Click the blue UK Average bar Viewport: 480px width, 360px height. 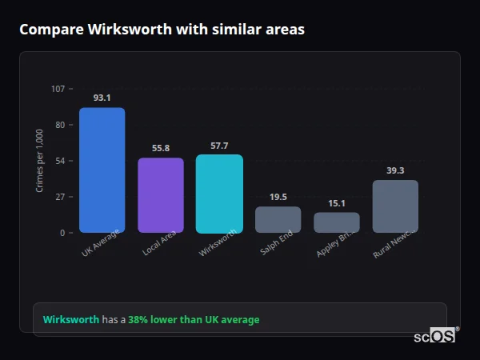pyautogui.click(x=102, y=170)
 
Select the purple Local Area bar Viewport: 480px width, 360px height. pyautogui.click(x=161, y=195)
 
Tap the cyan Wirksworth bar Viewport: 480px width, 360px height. pyautogui.click(x=219, y=194)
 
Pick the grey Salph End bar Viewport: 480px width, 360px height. pyautogui.click(x=278, y=220)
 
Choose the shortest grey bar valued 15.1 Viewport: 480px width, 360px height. pyautogui.click(x=337, y=222)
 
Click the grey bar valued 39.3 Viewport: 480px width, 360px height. pyautogui.click(x=395, y=206)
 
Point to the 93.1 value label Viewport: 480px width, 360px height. pyautogui.click(x=102, y=98)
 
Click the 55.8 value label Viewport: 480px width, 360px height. pyautogui.click(x=161, y=148)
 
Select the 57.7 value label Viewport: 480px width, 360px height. pyautogui.click(x=219, y=146)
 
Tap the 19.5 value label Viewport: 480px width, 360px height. pyautogui.click(x=278, y=197)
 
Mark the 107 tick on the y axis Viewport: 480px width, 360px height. pyautogui.click(x=58, y=88)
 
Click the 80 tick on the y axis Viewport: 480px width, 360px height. pyautogui.click(x=60, y=125)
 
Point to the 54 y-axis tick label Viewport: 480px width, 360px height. pyautogui.click(x=60, y=161)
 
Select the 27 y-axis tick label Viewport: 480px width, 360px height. pyautogui.click(x=60, y=197)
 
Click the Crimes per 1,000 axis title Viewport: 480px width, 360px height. pyautogui.click(x=40, y=160)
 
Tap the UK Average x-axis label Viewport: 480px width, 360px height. pyautogui.click(x=100, y=243)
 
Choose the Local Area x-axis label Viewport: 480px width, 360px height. pyautogui.click(x=159, y=243)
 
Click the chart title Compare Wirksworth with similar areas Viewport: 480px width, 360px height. pyautogui.click(x=162, y=29)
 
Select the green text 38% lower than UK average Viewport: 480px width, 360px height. pyautogui.click(x=194, y=320)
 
